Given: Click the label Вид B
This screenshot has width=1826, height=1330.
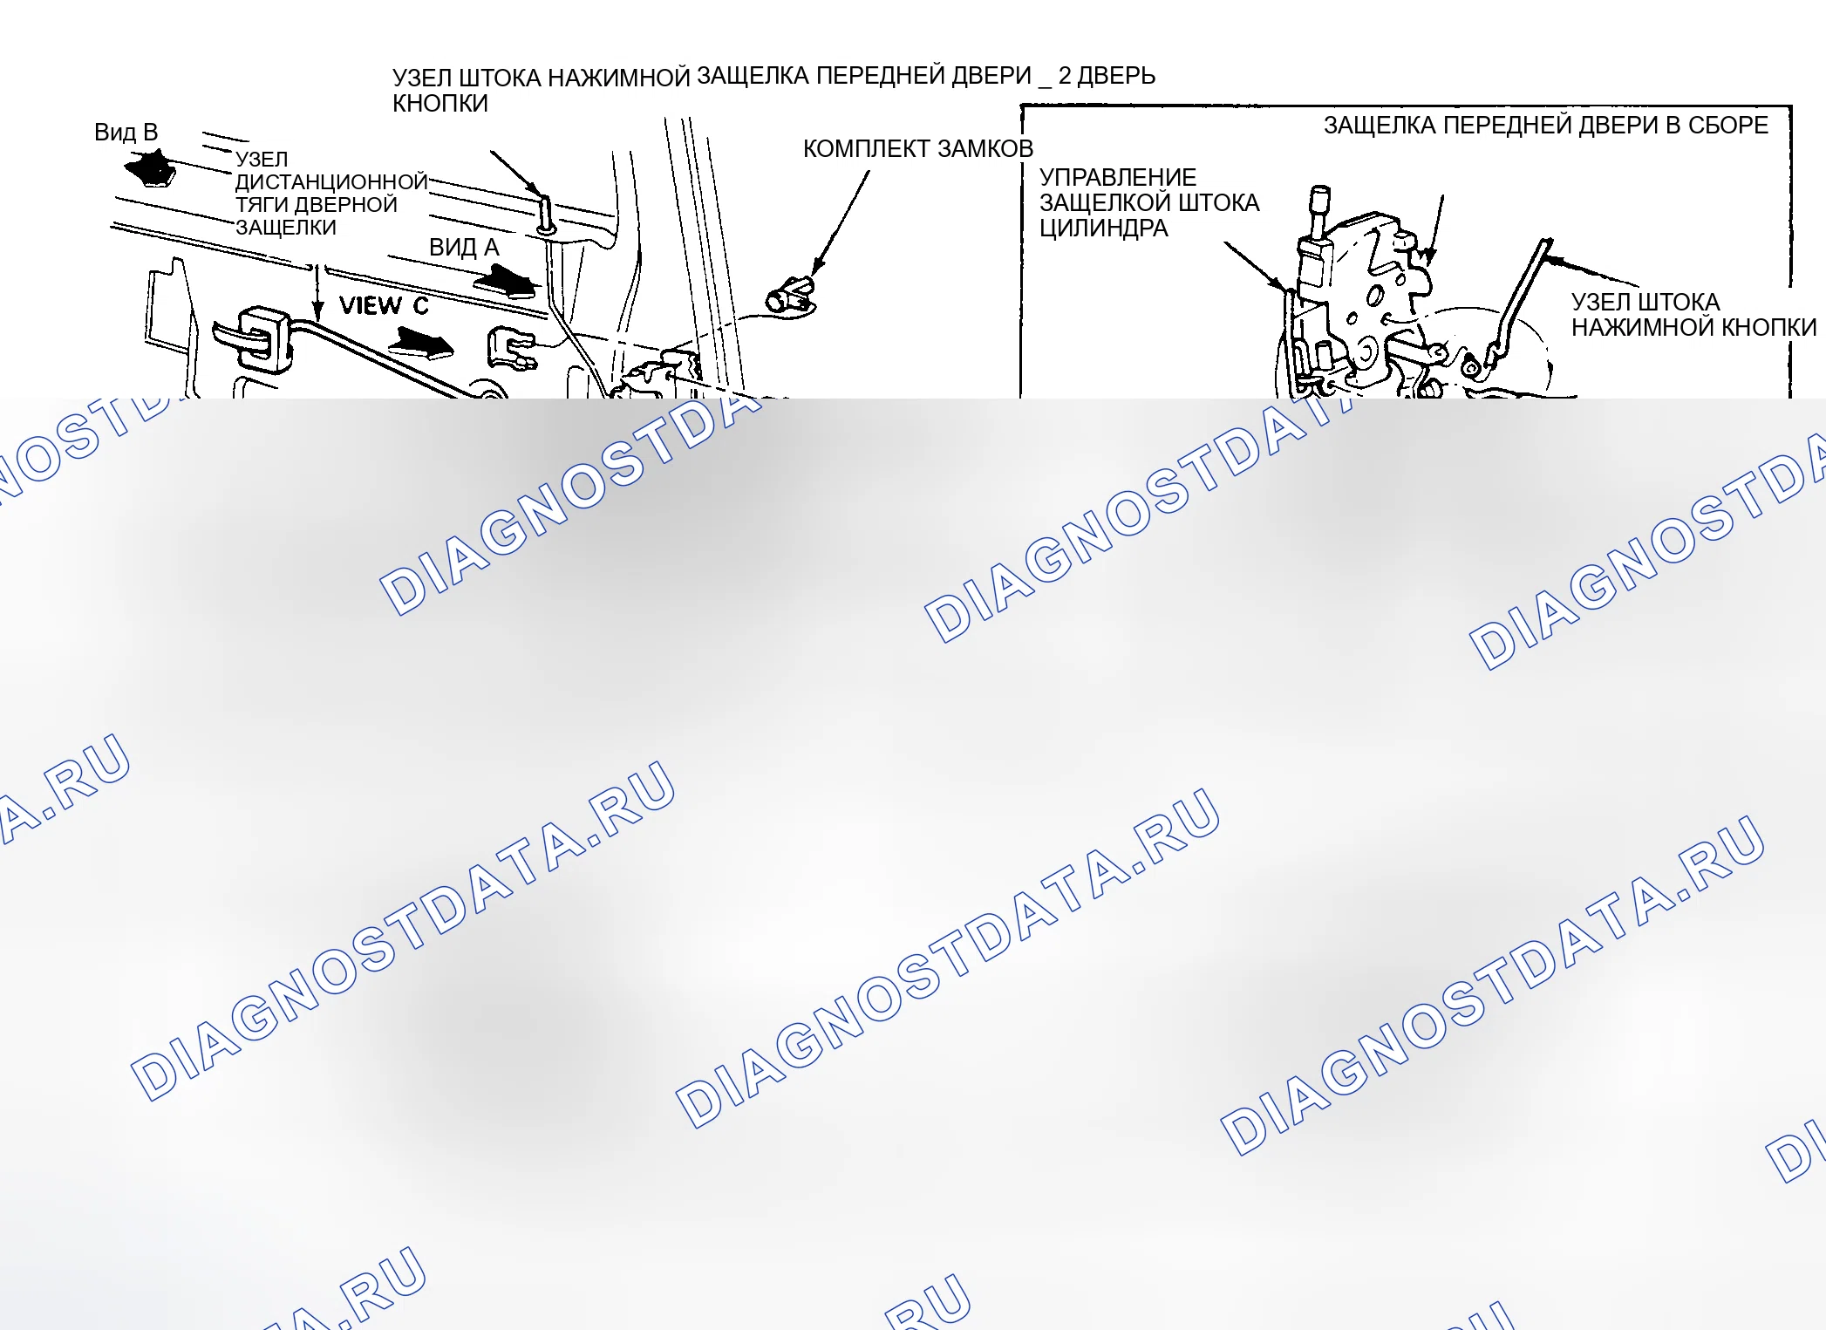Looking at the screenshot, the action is coord(126,133).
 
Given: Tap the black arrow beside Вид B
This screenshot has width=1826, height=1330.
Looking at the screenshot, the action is coord(152,168).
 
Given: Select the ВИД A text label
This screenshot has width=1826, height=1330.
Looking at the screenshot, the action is coord(464,248).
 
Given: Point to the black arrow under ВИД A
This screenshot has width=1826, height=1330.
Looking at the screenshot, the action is coord(506,281).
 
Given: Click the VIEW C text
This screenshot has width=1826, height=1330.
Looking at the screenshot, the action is coord(384,305).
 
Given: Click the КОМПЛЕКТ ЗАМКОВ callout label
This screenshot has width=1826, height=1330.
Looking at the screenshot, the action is coord(918,149).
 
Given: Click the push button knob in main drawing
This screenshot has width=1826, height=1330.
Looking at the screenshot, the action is coord(545,215).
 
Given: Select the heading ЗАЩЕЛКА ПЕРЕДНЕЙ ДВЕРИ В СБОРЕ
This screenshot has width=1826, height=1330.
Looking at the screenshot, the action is coord(1546,126).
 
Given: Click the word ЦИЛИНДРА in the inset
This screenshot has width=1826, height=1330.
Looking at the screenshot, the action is coord(1103,228).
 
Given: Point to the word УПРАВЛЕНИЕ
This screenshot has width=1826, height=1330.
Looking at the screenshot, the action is coord(1118,178).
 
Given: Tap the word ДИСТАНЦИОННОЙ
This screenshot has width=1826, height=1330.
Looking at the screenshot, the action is coord(331,181).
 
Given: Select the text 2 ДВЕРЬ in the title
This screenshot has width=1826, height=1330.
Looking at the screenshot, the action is coord(1107,76).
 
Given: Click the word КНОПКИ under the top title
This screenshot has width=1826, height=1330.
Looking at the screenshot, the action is coord(440,104).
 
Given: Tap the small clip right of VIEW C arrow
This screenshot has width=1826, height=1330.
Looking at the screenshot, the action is coord(511,349).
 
